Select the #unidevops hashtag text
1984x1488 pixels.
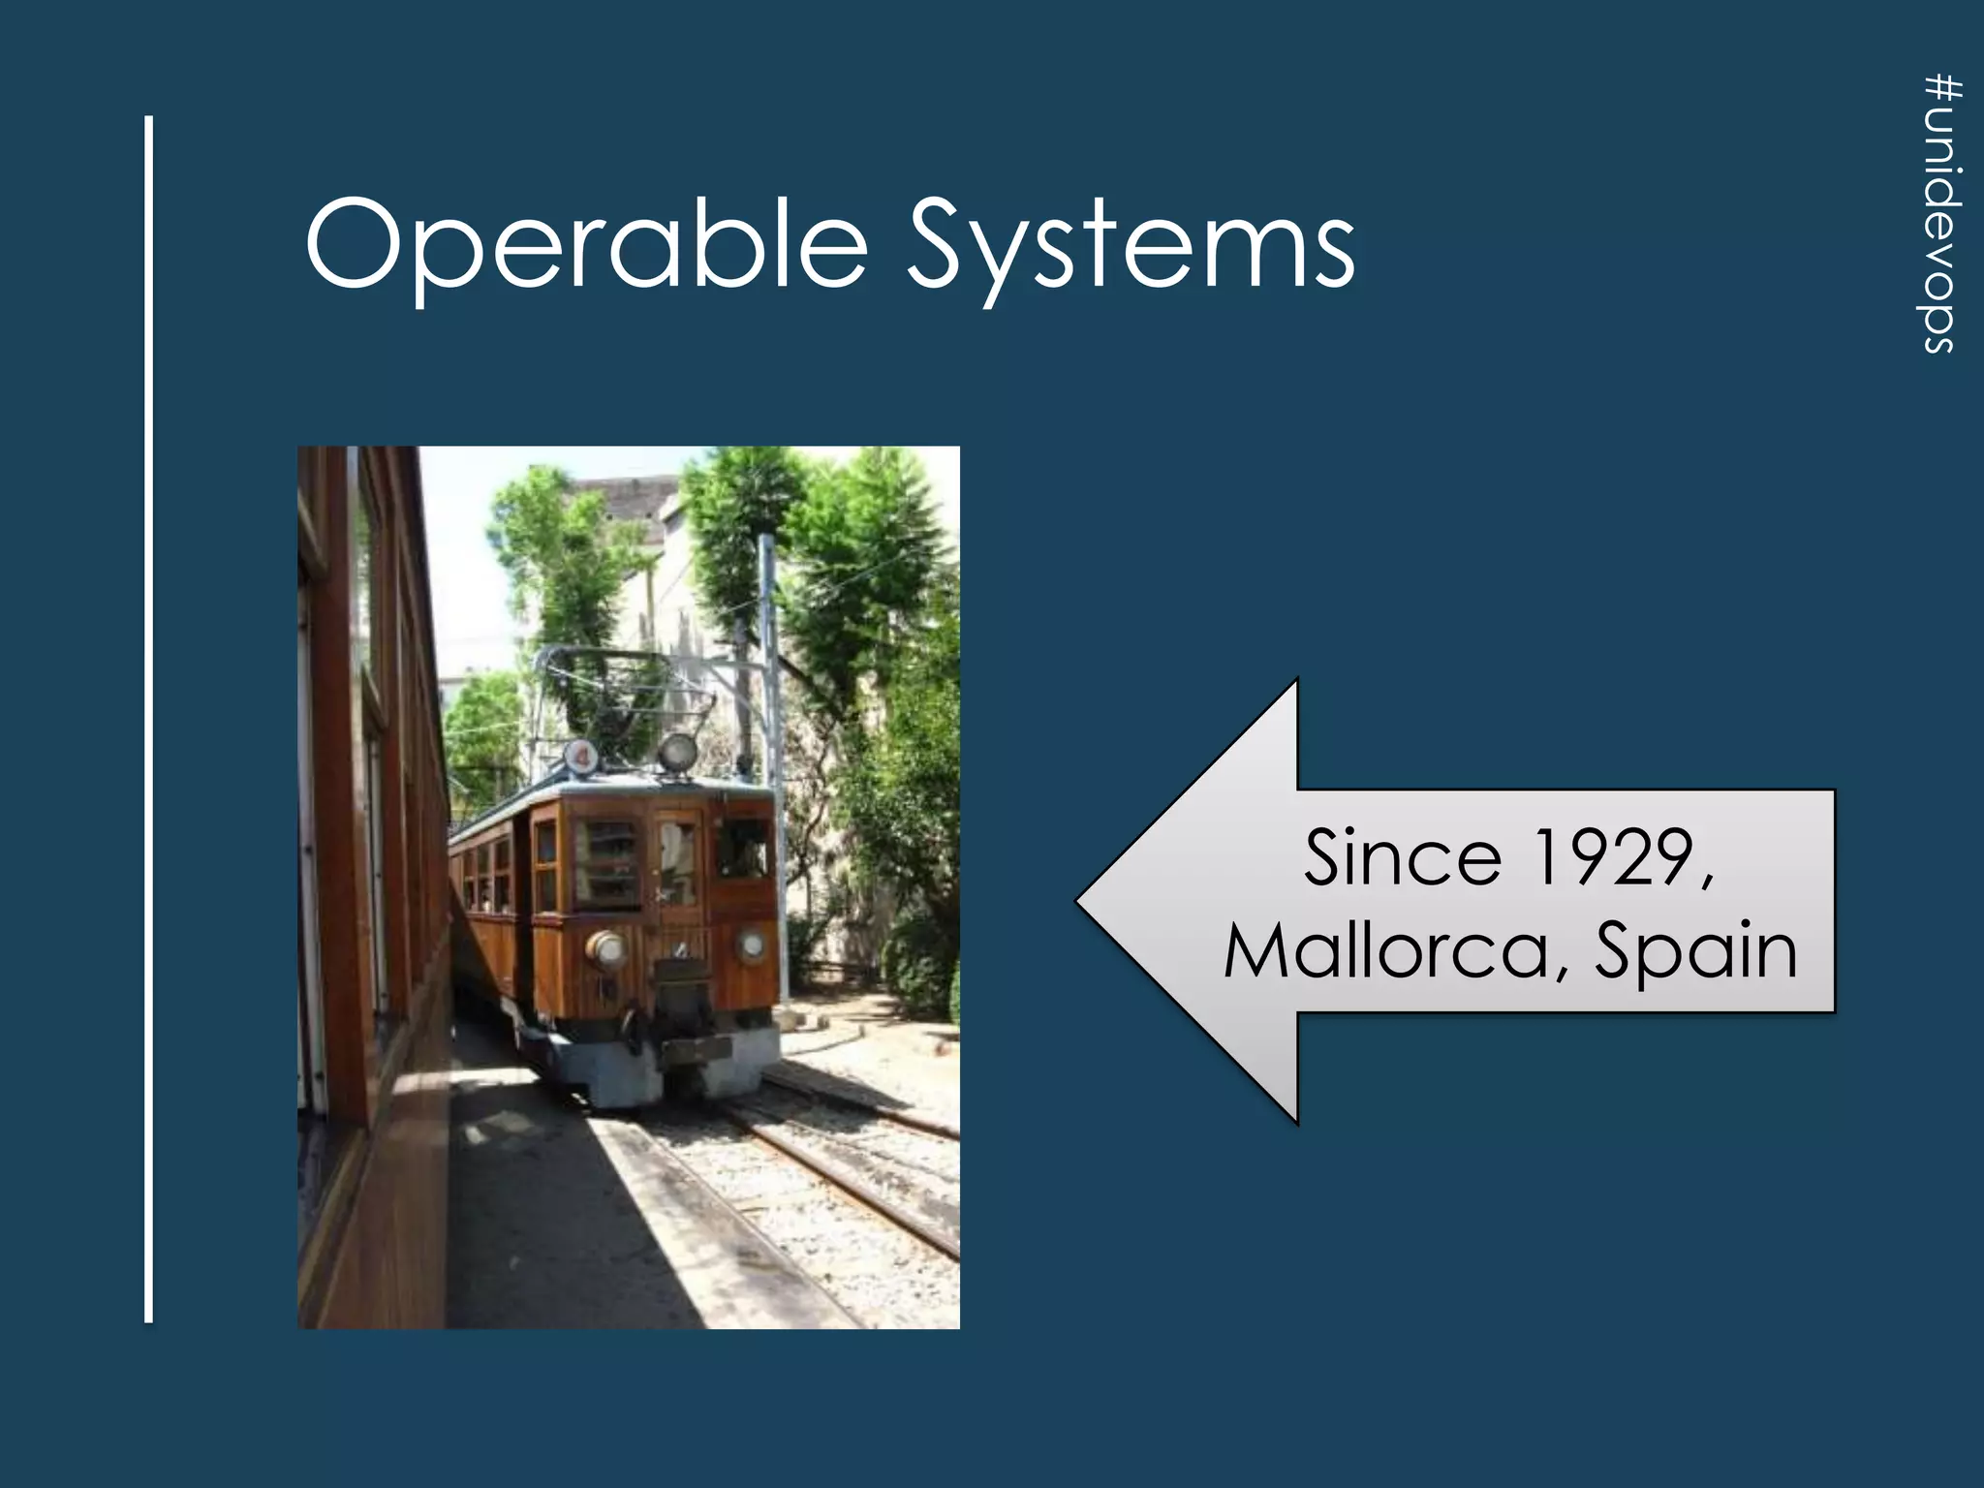[1941, 215]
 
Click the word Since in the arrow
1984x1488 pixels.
[1402, 857]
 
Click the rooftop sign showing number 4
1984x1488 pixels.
[580, 757]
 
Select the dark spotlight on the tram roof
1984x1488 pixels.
[677, 751]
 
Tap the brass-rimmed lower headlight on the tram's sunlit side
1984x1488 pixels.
[606, 948]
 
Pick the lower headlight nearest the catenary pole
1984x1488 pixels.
[752, 945]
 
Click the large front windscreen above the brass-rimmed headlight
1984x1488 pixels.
[607, 862]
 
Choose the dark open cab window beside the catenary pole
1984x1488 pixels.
[743, 848]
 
